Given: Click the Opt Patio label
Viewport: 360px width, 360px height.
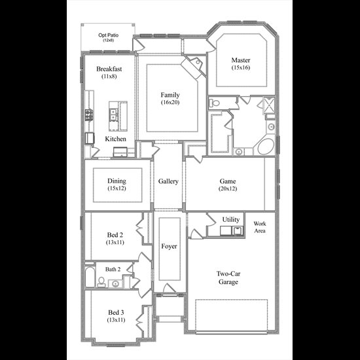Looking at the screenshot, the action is click(x=109, y=35).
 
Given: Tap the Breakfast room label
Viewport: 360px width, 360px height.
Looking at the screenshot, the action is click(x=109, y=69).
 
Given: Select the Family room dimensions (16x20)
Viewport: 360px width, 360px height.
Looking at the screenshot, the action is click(x=170, y=102).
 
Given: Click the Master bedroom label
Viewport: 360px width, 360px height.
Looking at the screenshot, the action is click(x=241, y=60).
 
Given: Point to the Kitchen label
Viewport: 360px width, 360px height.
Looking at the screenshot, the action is click(x=115, y=139).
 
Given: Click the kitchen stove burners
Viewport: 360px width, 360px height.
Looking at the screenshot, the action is click(x=89, y=115).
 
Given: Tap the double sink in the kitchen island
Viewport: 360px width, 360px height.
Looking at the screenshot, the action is click(x=113, y=115).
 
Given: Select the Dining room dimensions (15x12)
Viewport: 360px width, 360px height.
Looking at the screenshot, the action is click(x=117, y=189).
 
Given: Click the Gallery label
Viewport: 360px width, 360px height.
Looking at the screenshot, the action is click(x=168, y=181).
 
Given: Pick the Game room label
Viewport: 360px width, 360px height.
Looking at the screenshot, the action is click(x=228, y=181).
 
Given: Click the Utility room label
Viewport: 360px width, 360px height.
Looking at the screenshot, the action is click(x=231, y=220).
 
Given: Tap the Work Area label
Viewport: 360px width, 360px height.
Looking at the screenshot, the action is click(x=260, y=227).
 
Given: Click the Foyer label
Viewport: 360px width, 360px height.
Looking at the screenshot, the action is click(x=170, y=246).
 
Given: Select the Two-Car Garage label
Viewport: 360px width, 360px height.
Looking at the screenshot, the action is click(x=228, y=278).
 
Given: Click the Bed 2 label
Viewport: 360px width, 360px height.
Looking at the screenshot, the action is click(x=115, y=235).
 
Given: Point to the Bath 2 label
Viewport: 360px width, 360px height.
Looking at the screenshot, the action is click(x=113, y=269).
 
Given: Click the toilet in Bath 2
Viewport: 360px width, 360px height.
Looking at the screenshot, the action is click(x=101, y=282).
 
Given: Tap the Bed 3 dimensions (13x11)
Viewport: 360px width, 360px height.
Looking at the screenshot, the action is click(x=116, y=320).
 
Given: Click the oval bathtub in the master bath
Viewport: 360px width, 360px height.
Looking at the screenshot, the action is click(x=266, y=146).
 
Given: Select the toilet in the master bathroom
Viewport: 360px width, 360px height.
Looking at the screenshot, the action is click(x=214, y=103).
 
